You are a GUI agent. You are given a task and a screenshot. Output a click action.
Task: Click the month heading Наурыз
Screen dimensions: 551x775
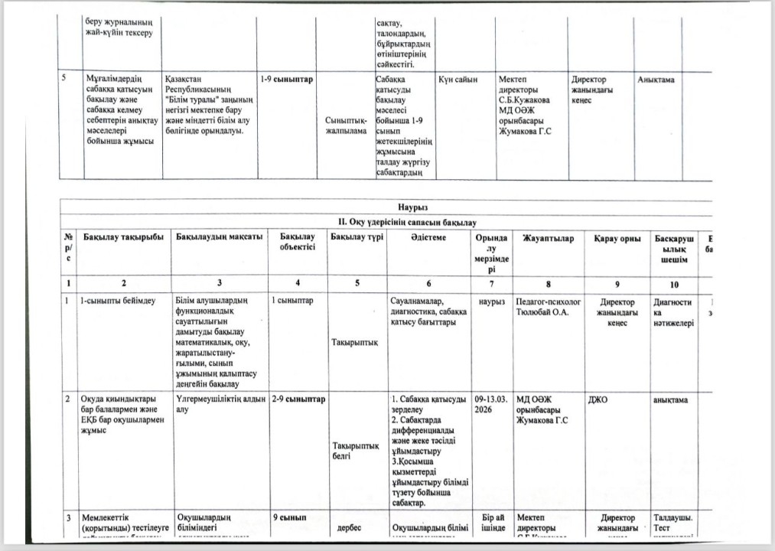(412, 207)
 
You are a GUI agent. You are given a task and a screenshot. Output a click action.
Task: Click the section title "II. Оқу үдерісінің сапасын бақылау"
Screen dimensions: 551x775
(412, 222)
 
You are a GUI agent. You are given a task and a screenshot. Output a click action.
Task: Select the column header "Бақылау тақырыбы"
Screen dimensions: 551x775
(123, 239)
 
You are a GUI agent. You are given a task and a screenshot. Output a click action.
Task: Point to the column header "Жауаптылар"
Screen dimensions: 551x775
(542, 239)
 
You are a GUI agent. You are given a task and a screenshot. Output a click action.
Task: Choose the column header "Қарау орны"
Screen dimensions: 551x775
(617, 239)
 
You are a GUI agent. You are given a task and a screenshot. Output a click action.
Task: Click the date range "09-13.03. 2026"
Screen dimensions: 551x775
(490, 404)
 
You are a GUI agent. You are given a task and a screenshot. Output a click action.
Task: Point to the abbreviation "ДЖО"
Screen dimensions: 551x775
(600, 399)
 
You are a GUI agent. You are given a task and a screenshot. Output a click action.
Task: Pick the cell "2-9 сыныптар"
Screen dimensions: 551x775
(298, 399)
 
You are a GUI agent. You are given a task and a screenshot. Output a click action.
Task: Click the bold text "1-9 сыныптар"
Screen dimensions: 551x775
(287, 80)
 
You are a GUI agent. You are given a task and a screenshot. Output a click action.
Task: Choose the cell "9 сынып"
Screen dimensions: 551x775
(290, 518)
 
